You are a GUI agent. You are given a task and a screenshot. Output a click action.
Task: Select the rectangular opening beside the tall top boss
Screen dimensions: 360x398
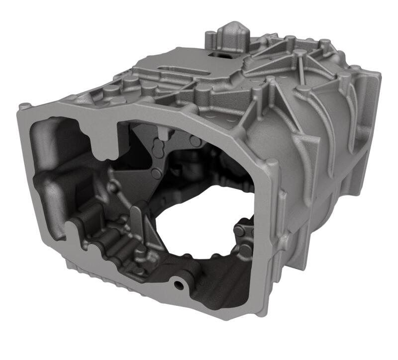pos(217,53)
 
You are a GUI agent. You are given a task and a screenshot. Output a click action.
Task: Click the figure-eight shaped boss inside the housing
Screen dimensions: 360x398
pos(159,148)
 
